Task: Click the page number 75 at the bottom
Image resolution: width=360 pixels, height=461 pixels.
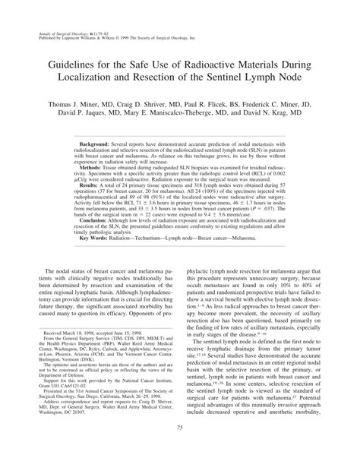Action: click(180, 450)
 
